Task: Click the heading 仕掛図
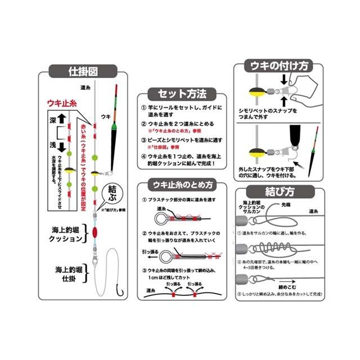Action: pos(83,72)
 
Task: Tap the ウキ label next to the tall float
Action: pos(105,118)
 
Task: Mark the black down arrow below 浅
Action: pos(62,147)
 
